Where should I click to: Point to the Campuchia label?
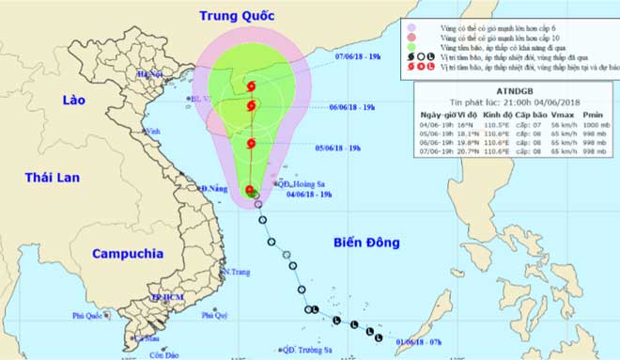tap(128, 253)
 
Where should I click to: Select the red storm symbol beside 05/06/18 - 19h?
tap(252, 144)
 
